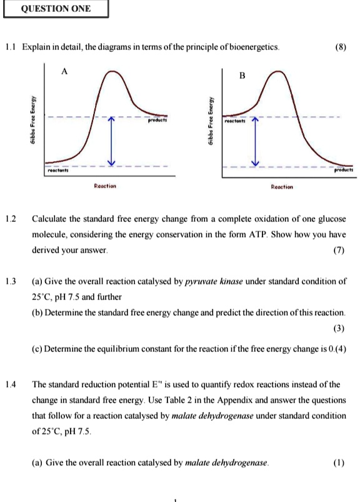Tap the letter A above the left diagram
pos(64,71)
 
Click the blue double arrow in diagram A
pos(111,141)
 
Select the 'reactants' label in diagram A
pos(59,169)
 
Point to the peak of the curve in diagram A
pos(111,73)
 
